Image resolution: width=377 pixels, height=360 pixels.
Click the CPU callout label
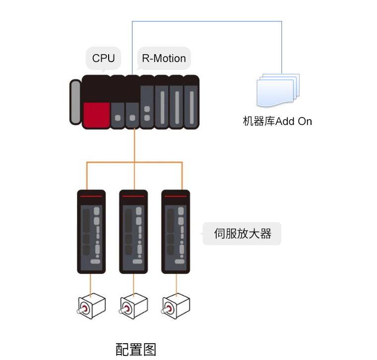104,59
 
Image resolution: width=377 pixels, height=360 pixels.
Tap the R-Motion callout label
164,59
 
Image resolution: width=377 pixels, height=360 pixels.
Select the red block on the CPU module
96,115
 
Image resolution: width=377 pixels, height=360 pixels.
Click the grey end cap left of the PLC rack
75,102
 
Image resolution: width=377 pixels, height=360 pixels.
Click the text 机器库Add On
277,121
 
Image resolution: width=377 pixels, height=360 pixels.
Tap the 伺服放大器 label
242,234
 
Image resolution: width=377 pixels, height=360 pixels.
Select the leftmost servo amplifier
91,232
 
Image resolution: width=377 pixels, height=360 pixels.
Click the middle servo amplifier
133,232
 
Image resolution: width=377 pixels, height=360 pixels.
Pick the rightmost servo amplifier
176,232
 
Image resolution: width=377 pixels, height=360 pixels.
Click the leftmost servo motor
91,305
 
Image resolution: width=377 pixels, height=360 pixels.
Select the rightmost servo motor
176,305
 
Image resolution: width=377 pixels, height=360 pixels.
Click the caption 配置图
136,349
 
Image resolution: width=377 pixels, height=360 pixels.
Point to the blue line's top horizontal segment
207,21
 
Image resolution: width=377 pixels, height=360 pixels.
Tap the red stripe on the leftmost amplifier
91,196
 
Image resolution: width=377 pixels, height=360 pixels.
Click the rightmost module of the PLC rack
191,102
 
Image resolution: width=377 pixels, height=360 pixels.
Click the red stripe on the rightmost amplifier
176,196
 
